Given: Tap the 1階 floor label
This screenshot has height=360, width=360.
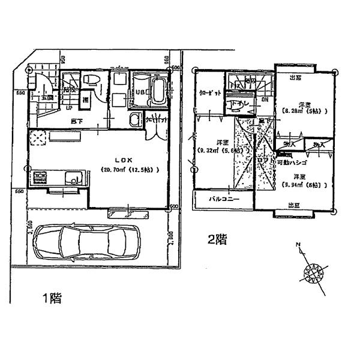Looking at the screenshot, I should coord(51,298).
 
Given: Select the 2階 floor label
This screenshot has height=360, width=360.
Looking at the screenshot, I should coord(217,240).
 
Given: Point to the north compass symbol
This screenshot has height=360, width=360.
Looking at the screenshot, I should coord(314,271).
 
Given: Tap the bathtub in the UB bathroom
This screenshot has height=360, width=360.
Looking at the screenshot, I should coord(158,91).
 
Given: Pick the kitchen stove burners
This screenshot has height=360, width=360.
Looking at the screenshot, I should coord(40,177).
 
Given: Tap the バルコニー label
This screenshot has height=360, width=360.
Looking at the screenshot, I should coord(224,199).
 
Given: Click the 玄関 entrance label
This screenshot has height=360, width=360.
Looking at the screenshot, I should coord(47,97).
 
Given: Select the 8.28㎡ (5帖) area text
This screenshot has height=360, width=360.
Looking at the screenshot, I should coord(302,111).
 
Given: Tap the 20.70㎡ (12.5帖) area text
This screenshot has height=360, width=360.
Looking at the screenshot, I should coord(122,170).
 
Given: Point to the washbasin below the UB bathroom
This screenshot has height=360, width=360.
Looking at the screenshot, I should coord(134,118).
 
